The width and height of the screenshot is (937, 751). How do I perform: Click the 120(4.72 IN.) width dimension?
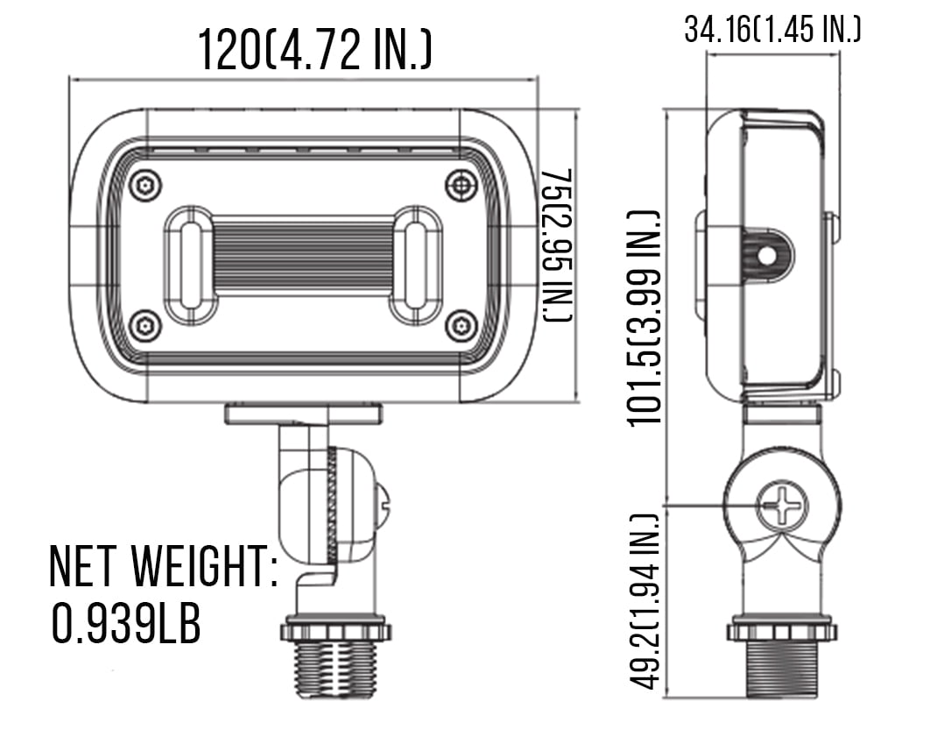click(314, 50)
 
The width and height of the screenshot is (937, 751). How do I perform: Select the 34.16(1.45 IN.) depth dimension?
click(772, 29)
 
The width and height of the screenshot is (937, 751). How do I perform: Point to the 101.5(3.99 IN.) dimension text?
click(646, 318)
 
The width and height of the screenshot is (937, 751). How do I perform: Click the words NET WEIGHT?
click(163, 565)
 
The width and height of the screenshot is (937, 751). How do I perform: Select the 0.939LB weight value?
click(126, 623)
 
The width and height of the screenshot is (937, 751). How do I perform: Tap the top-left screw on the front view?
click(145, 186)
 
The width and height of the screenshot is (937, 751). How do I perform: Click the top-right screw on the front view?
click(461, 186)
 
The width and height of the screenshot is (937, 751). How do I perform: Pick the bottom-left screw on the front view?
click(145, 326)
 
